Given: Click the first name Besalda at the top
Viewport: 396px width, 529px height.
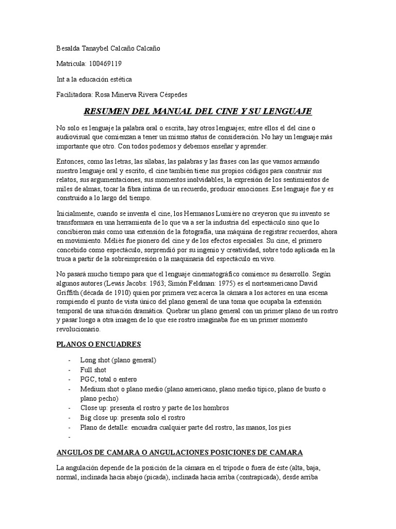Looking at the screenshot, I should point(69,49).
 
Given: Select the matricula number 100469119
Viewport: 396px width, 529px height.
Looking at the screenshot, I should point(106,64).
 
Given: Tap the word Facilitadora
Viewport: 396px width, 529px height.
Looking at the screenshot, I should point(74,95).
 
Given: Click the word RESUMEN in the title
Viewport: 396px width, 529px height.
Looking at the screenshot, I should point(107,112).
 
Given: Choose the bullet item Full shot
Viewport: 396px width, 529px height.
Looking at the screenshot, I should point(93,370).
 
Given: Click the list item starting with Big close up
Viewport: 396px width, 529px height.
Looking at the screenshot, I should point(132,417).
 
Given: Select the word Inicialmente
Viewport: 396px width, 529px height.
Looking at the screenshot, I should point(77,214).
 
